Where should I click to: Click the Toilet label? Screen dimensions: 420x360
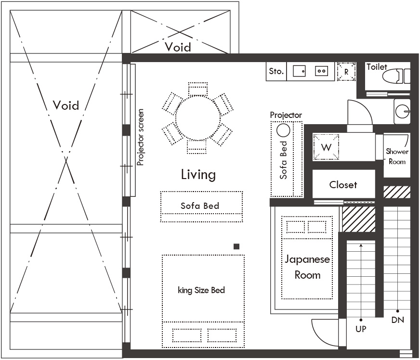[x=377, y=67]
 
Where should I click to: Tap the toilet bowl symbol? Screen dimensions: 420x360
[x=396, y=76]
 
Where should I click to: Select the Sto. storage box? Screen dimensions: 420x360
[x=276, y=71]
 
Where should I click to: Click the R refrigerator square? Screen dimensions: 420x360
[x=346, y=71]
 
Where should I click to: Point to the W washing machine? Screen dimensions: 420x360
[x=326, y=147]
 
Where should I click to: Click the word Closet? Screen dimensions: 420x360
[x=343, y=185]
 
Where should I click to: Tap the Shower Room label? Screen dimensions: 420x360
[x=397, y=156]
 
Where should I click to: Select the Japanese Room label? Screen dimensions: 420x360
[x=307, y=267]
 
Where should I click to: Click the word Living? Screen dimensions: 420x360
[x=198, y=175]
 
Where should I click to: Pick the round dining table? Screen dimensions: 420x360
[x=198, y=118]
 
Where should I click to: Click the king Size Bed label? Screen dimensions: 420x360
[x=201, y=290]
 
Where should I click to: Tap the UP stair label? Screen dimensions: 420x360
[x=361, y=329]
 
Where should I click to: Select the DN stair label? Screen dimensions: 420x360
[x=397, y=320]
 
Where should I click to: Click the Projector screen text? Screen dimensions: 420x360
[x=140, y=137]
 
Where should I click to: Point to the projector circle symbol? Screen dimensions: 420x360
[x=283, y=130]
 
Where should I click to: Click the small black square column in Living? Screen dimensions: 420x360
[x=236, y=246]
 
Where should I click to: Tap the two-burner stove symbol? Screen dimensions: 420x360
[x=321, y=71]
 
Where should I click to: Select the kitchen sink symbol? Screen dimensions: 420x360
[x=299, y=71]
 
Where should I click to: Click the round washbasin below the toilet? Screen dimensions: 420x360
[x=403, y=111]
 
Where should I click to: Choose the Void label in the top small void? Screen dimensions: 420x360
[x=178, y=47]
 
